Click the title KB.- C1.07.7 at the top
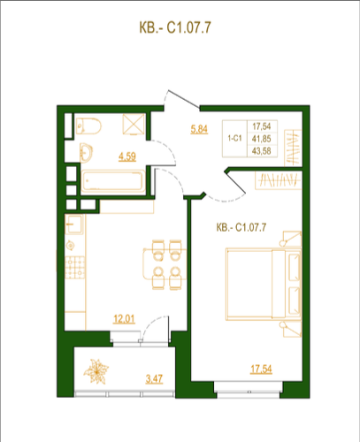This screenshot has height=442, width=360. pos(175,28)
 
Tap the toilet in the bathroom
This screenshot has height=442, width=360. pos(88,126)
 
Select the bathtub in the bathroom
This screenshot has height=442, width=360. pos(113,181)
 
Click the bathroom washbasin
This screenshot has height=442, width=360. pos(86,153)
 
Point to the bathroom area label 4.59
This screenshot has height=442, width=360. pos(127,156)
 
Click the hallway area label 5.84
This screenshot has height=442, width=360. pos(199,129)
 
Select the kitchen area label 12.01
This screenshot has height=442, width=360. pos(124,319)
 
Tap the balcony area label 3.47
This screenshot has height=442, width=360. pos(154,378)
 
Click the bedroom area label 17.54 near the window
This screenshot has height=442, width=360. pos(261,369)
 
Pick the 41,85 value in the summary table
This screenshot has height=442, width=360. pos(262,139)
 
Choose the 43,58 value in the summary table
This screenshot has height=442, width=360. pos(262,151)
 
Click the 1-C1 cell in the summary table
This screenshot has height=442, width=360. pos(234,138)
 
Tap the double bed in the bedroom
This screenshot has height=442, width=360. pos(264,285)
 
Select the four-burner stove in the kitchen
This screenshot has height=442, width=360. pos(75,268)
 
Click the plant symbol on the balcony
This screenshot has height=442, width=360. pos(96,371)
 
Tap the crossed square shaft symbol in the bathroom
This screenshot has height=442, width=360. pos(134,124)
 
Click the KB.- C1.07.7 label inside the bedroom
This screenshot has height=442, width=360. pos(241,227)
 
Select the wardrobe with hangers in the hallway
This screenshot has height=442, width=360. pos(293,148)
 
